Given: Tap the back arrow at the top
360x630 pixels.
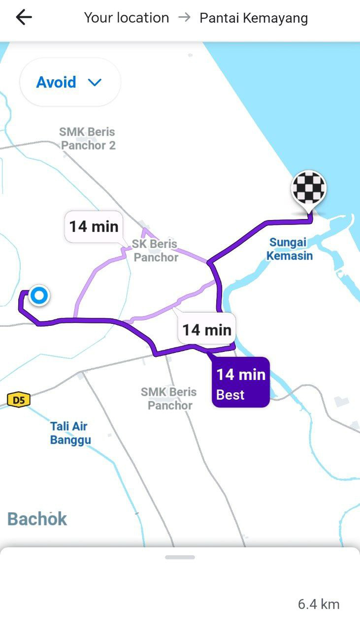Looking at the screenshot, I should tap(24, 18).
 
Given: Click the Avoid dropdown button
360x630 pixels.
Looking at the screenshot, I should tap(69, 82).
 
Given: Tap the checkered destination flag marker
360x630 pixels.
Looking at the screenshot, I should tap(309, 188).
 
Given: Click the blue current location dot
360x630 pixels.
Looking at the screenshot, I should tap(38, 296).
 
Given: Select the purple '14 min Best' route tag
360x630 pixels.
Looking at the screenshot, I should tap(241, 382).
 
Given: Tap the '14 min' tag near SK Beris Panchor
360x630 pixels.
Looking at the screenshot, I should tap(94, 226).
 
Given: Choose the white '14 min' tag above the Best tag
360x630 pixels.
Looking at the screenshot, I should tap(207, 329).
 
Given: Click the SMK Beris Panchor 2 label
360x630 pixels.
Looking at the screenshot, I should tap(88, 139).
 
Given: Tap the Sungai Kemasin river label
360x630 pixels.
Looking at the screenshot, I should tap(289, 249).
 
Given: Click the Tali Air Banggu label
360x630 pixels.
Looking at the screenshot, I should tap(70, 433).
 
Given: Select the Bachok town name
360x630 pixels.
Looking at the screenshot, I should tap(37, 519).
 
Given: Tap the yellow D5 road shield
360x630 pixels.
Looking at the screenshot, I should tap(19, 400).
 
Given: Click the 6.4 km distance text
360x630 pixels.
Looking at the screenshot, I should tap(319, 604).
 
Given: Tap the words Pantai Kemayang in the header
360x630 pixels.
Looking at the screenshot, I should tap(254, 18).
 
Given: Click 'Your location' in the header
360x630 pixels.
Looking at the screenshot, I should tap(127, 18).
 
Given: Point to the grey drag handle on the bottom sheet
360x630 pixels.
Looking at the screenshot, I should tap(180, 557).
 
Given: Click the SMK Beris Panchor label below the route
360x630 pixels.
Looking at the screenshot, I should tap(169, 399).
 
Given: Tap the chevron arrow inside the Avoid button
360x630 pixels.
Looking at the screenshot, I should tap(95, 82).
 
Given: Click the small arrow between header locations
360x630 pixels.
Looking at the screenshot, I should tap(184, 18).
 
